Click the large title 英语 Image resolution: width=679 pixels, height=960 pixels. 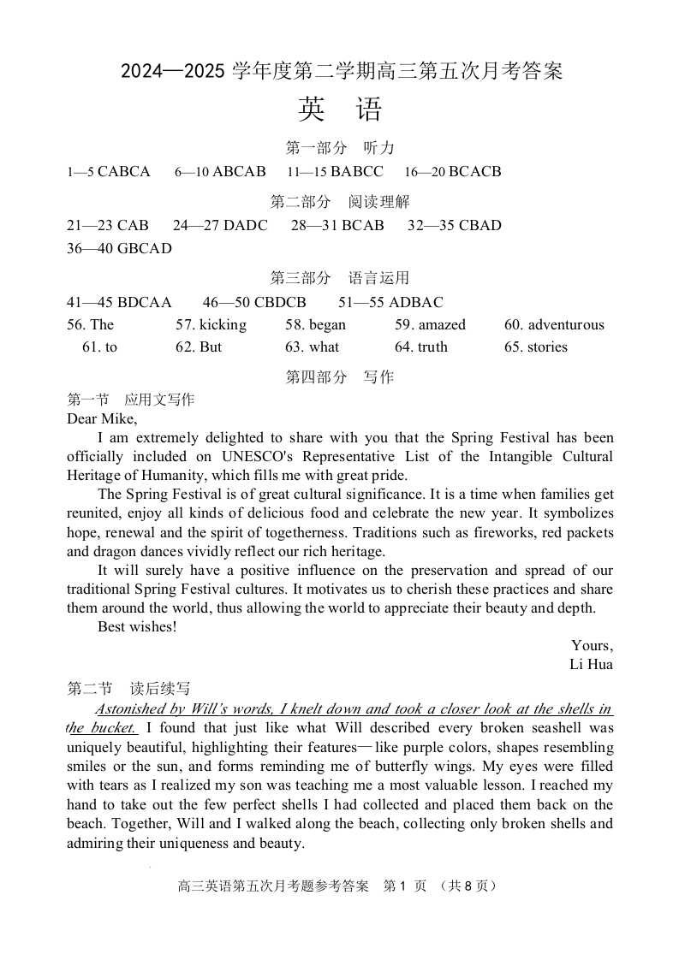tap(340, 110)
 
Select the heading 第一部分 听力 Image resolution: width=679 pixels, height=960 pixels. tap(340, 148)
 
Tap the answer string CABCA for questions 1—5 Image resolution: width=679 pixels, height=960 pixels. tap(124, 171)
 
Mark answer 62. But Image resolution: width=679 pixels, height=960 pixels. tap(199, 347)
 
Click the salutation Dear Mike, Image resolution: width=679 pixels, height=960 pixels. tap(102, 418)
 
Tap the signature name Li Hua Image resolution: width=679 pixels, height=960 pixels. tap(591, 664)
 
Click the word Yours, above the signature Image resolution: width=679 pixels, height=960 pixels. tap(592, 645)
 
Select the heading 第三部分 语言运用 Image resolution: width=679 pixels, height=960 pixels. tap(340, 278)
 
